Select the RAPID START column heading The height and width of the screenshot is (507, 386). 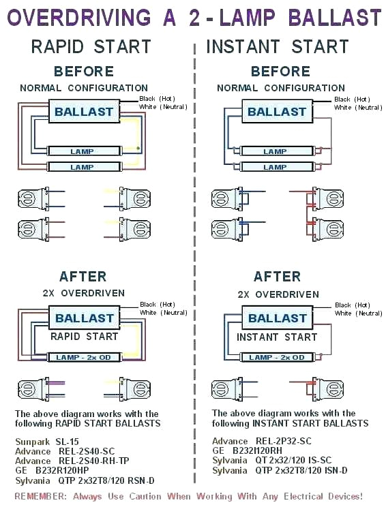(x=91, y=46)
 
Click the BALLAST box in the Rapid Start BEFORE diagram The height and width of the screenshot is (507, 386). (x=85, y=112)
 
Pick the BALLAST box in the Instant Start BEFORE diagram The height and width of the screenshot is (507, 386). (x=277, y=112)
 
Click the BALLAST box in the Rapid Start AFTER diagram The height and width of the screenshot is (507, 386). (x=85, y=318)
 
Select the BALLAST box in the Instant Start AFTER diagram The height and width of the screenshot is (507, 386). (x=277, y=318)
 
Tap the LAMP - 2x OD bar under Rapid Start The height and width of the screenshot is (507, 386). (x=82, y=357)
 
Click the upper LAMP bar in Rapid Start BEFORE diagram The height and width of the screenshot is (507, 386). (x=82, y=151)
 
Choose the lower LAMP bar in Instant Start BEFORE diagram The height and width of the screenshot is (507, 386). (x=275, y=167)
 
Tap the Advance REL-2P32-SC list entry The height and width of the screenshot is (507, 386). (x=261, y=442)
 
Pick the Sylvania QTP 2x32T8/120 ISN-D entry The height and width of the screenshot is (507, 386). (x=280, y=470)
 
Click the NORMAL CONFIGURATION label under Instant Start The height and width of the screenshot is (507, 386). (x=280, y=88)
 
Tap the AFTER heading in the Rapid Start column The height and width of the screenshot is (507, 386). (x=83, y=276)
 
